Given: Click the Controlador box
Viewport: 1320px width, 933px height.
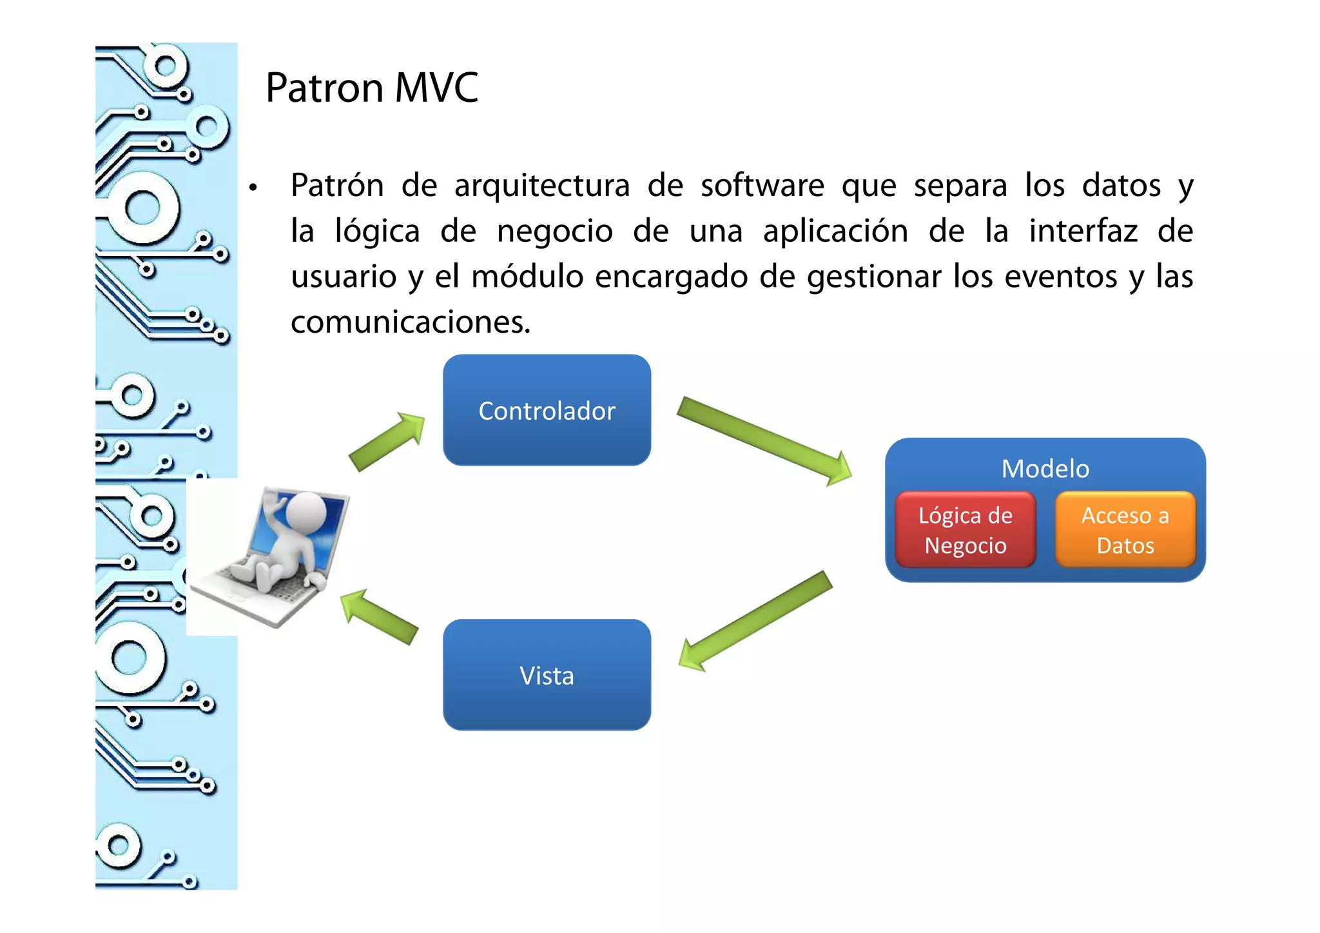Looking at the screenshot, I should point(547,410).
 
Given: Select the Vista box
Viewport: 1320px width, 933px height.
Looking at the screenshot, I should point(547,675).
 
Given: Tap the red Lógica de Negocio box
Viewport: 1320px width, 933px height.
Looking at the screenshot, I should point(965,530).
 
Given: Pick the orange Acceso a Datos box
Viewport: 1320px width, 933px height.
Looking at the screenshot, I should point(1125,530).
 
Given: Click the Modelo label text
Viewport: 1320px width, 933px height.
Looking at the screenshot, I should point(1045,469).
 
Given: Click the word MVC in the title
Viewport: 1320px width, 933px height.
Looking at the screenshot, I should point(436,88).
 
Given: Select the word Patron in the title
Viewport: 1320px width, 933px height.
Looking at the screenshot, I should point(325,88).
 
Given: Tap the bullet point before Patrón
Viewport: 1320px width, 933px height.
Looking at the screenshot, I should point(253,188).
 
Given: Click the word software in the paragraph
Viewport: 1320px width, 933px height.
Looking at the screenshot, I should point(762,186).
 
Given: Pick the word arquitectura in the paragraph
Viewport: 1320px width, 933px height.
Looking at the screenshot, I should point(541,186).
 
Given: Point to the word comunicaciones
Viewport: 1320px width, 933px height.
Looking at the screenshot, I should point(410,322).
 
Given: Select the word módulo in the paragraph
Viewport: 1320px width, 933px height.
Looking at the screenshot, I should point(527,277).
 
